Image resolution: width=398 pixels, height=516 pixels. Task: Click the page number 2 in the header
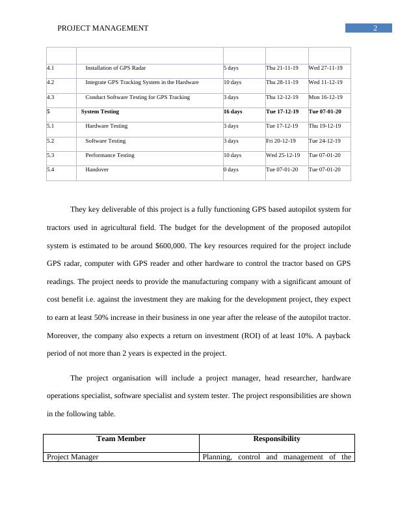coord(375,28)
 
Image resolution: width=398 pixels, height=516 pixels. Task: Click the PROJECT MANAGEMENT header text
coord(103,28)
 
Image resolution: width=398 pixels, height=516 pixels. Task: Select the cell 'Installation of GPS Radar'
coord(116,68)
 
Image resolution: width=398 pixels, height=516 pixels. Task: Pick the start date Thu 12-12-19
coord(282,97)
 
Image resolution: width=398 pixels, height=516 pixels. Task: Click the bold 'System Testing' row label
coord(100,112)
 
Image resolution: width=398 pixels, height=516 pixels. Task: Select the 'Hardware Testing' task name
coord(107,126)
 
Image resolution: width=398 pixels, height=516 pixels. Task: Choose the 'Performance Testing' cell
coord(110,156)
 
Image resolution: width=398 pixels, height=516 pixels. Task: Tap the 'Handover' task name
coord(97,169)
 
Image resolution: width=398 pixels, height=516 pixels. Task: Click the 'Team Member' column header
coord(121,439)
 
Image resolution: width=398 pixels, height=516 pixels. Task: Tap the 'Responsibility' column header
coord(276,439)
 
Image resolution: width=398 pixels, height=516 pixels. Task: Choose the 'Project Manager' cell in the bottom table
coord(72,457)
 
